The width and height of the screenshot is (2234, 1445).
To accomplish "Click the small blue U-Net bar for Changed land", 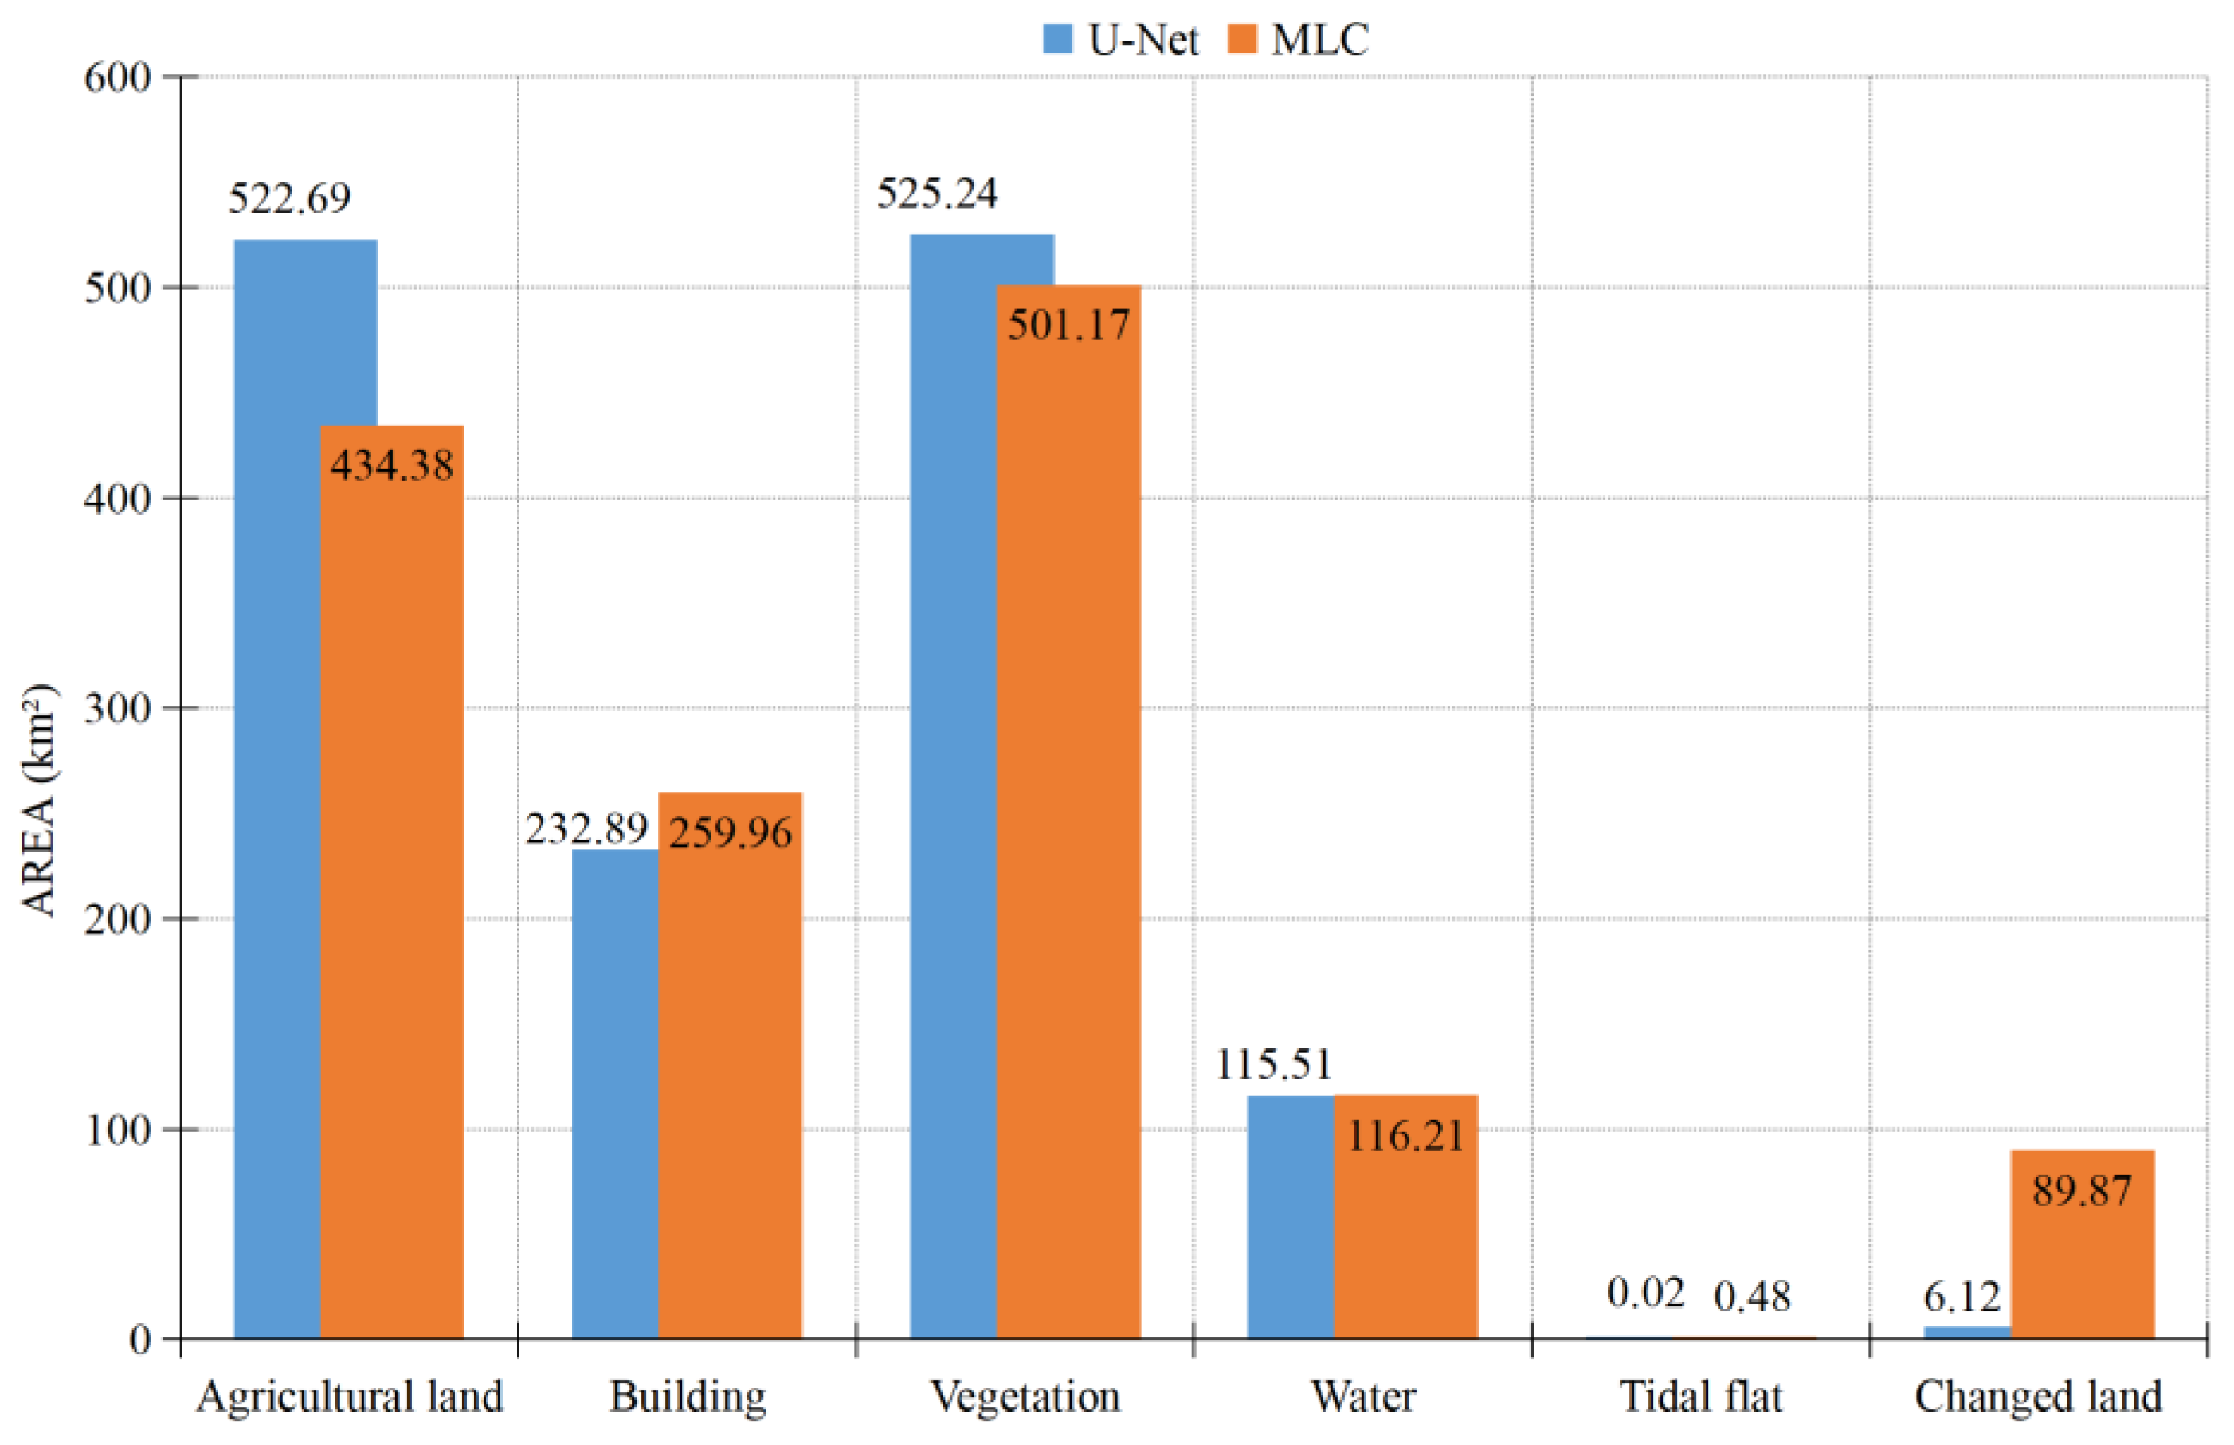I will tap(1966, 1331).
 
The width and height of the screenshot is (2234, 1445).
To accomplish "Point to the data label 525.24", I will tap(936, 194).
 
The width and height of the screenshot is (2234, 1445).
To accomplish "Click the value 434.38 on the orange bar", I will tap(391, 465).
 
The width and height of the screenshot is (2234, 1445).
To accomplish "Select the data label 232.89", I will tap(586, 828).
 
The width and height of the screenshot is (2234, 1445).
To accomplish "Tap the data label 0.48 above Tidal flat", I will tap(1752, 1297).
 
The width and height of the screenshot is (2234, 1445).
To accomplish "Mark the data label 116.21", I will tap(1405, 1136).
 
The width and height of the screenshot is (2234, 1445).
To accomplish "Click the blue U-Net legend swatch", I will tap(1057, 39).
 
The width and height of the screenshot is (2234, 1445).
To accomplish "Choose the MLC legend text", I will tap(1320, 39).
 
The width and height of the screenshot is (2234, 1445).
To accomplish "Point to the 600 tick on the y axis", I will tap(117, 77).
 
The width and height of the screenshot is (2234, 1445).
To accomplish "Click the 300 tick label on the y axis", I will tap(117, 708).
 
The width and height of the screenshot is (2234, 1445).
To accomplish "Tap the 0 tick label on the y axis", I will tap(139, 1340).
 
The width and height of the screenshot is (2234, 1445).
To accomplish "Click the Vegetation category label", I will tap(1025, 1397).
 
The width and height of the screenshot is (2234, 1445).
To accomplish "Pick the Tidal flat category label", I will tap(1700, 1397).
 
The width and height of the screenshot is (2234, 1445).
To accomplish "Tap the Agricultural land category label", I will tap(349, 1397).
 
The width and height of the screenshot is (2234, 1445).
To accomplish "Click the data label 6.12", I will tap(1961, 1297).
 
